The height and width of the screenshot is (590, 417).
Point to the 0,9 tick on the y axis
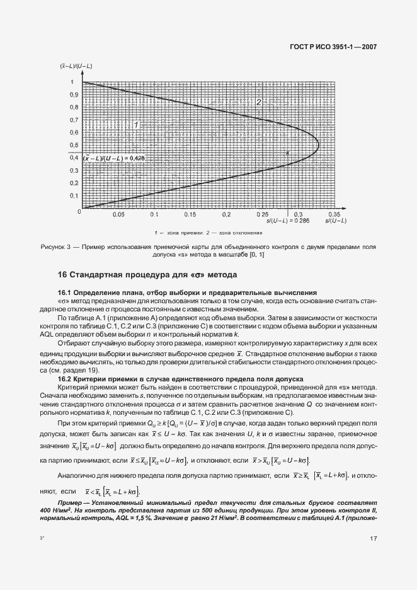74,95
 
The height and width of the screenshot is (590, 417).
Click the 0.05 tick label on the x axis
118,214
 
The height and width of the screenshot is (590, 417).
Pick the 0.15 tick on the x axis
190,214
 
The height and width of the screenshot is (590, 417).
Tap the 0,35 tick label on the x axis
333,214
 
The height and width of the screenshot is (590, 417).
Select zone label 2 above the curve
257,102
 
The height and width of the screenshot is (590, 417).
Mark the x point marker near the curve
287,153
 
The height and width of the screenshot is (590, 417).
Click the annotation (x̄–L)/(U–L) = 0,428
114,159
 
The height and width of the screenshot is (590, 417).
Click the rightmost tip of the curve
319,144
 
